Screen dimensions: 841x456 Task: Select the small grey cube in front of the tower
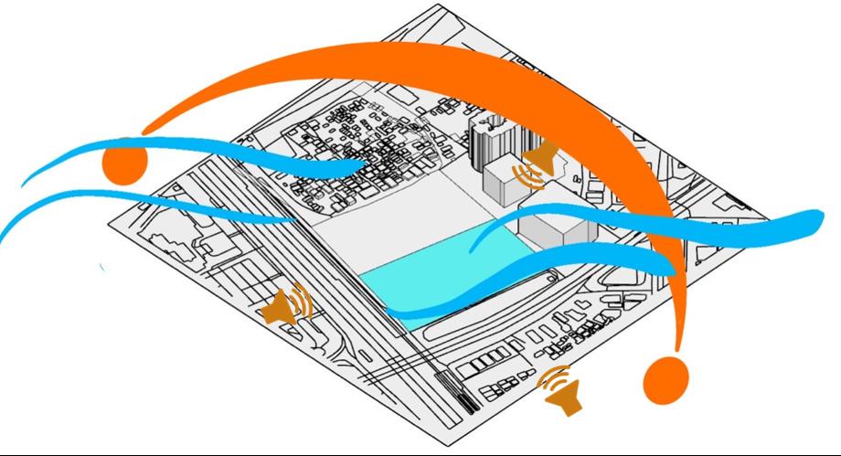coord(504,184)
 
